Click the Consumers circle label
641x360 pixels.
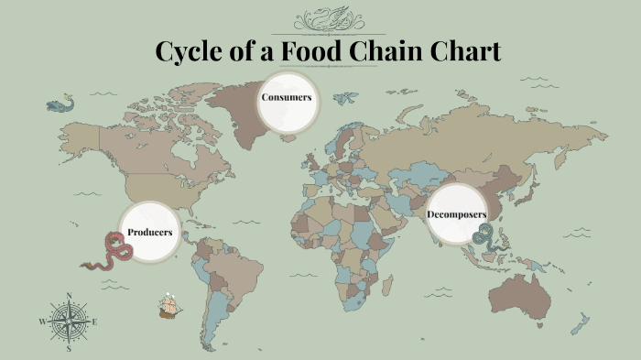click(x=287, y=98)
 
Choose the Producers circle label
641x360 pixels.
click(x=149, y=233)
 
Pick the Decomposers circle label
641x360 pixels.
click(x=456, y=214)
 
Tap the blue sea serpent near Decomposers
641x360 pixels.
click(x=483, y=235)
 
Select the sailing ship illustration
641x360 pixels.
click(x=168, y=306)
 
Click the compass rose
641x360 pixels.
click(x=70, y=322)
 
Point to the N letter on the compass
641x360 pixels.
click(x=70, y=296)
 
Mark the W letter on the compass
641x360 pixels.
click(x=42, y=322)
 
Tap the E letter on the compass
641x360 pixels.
click(x=95, y=322)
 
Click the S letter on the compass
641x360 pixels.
click(x=70, y=348)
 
